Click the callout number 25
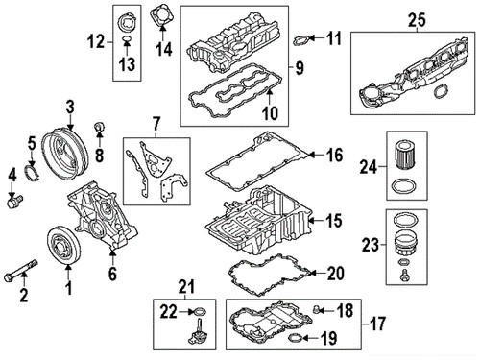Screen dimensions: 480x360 click(x=417, y=19)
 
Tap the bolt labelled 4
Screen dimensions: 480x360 click(x=14, y=202)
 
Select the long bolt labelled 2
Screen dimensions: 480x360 click(x=21, y=271)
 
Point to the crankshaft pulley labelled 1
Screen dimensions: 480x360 click(x=64, y=246)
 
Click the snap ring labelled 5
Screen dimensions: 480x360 click(x=33, y=172)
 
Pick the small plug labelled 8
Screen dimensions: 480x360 click(x=99, y=128)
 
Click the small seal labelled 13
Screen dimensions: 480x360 click(x=127, y=40)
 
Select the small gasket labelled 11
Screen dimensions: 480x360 click(x=301, y=40)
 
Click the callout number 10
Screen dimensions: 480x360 click(x=271, y=113)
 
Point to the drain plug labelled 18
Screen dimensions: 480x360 click(x=317, y=309)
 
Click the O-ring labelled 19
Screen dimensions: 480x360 click(x=296, y=337)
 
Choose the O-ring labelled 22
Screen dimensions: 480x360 click(x=199, y=311)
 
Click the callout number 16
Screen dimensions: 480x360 click(x=335, y=156)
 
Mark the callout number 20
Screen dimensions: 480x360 click(x=336, y=274)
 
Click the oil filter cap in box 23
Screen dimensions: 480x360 click(x=405, y=243)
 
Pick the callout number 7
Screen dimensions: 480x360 click(x=156, y=124)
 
